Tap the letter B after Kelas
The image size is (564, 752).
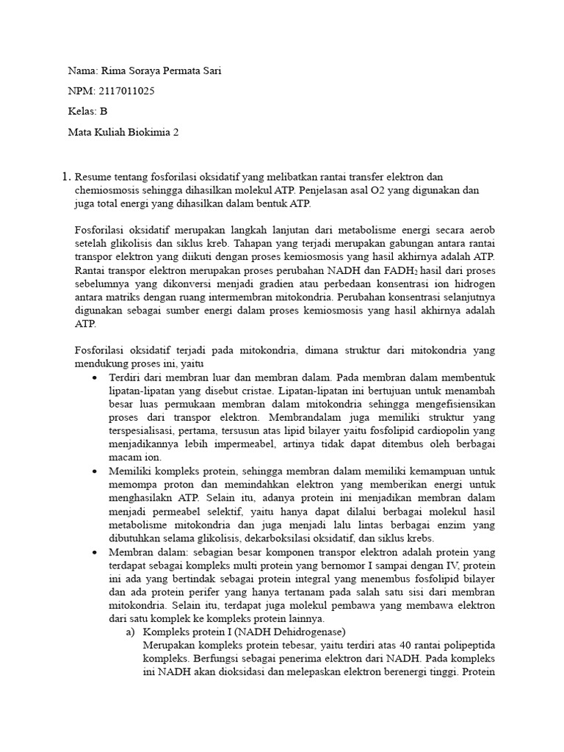click(x=104, y=112)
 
